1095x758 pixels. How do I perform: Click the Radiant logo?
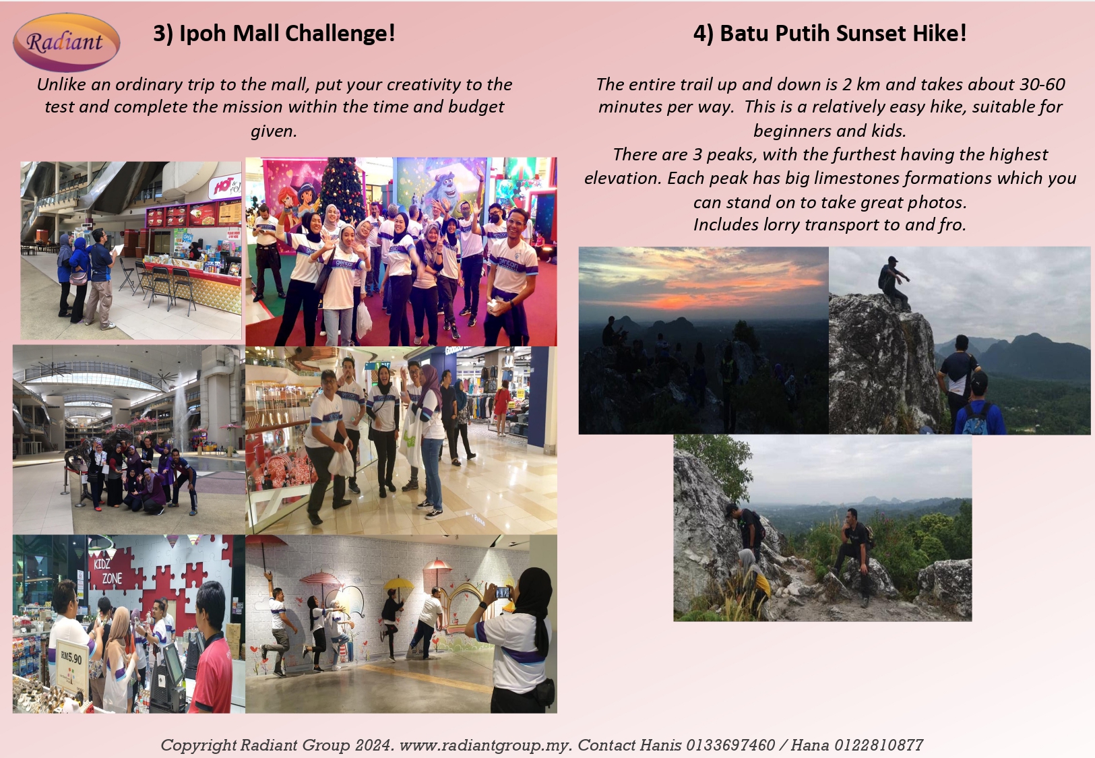pos(66,42)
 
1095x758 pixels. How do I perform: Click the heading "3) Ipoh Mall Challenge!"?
pos(274,33)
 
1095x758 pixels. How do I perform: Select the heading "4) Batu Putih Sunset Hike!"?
pos(830,33)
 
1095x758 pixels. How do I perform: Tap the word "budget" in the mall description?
pos(476,106)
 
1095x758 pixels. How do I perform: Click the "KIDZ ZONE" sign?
pos(107,571)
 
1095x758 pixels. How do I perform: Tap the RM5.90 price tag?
pos(71,657)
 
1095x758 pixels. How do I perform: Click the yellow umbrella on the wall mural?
pos(398,583)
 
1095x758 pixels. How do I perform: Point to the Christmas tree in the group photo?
pos(342,185)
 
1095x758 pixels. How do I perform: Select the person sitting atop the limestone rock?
pos(893,282)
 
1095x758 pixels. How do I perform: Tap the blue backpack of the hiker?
pos(976,419)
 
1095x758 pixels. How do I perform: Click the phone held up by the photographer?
pos(503,592)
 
